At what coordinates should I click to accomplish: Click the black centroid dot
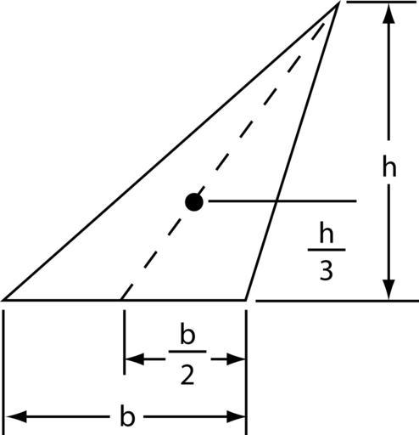click(194, 202)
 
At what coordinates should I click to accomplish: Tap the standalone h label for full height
click(389, 166)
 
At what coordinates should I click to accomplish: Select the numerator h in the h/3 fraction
click(327, 232)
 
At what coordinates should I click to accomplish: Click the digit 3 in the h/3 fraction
click(327, 271)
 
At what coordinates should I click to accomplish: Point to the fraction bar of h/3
click(327, 250)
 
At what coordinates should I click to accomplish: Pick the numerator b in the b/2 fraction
click(187, 334)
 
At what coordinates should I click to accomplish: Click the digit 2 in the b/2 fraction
click(187, 375)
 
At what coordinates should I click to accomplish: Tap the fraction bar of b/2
click(187, 352)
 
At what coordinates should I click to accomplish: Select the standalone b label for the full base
click(127, 416)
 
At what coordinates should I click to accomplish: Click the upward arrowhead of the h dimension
click(389, 14)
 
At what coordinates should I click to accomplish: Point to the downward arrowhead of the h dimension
click(389, 289)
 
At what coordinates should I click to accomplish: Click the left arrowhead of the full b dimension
click(16, 417)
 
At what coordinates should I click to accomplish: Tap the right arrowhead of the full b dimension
click(235, 417)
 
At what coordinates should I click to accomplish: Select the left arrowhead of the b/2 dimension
click(135, 359)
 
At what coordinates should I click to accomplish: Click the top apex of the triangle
click(338, 3)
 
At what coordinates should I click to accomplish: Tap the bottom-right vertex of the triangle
click(246, 299)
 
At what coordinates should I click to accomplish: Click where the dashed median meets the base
click(121, 299)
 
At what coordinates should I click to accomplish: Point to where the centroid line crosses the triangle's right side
click(276, 201)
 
